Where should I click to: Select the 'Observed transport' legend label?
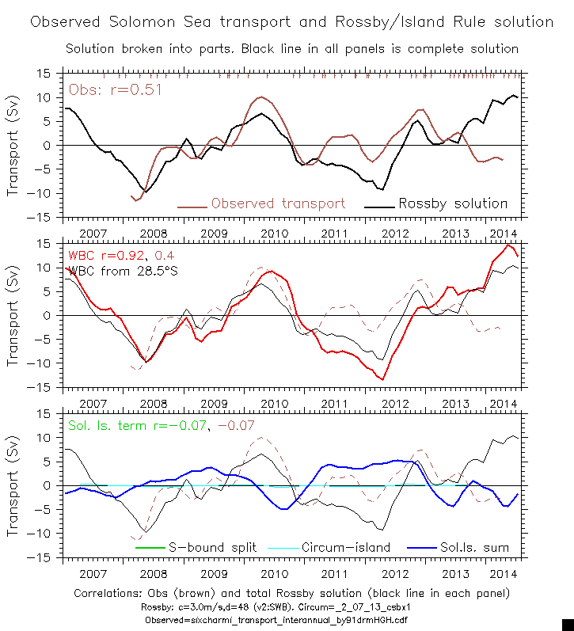click(x=278, y=203)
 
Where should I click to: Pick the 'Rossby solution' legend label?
click(x=452, y=203)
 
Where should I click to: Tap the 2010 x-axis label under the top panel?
click(x=273, y=234)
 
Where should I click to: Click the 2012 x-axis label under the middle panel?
click(x=393, y=404)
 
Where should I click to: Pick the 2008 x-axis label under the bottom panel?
click(x=153, y=573)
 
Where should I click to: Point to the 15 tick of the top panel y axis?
click(x=44, y=74)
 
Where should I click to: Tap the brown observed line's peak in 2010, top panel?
click(x=261, y=97)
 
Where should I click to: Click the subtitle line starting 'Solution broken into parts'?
click(x=291, y=49)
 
